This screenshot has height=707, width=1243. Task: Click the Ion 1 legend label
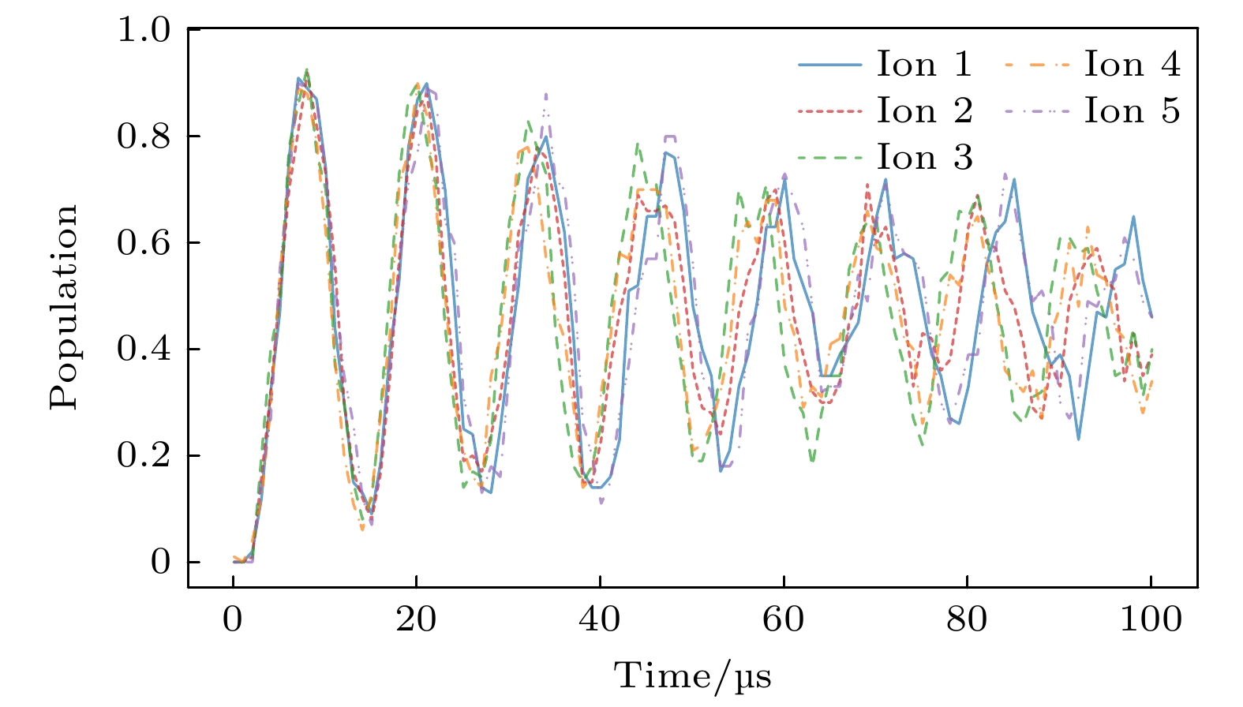(924, 65)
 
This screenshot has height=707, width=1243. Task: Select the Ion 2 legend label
(924, 111)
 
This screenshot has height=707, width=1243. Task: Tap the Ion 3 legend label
(924, 158)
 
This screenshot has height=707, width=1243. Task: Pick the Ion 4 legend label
(1132, 65)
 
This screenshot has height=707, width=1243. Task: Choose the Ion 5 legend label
(1132, 111)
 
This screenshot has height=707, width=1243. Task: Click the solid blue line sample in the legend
(829, 65)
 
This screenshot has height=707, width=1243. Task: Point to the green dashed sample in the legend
(829, 158)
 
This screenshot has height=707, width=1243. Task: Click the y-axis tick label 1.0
(144, 30)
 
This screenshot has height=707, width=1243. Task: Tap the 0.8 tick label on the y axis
(144, 137)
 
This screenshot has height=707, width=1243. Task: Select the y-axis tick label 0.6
(144, 243)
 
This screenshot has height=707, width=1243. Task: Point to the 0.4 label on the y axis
(144, 349)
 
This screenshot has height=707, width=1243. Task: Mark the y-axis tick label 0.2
(144, 455)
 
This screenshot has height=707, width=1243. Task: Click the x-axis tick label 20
(416, 620)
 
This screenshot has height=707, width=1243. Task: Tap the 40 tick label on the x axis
(600, 620)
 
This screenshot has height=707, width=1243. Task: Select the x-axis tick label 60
(784, 620)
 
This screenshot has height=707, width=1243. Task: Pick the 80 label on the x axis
(967, 620)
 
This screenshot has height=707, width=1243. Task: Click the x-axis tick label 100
(1151, 620)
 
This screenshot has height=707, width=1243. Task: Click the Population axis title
(65, 308)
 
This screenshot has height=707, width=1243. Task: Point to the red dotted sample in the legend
(829, 111)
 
